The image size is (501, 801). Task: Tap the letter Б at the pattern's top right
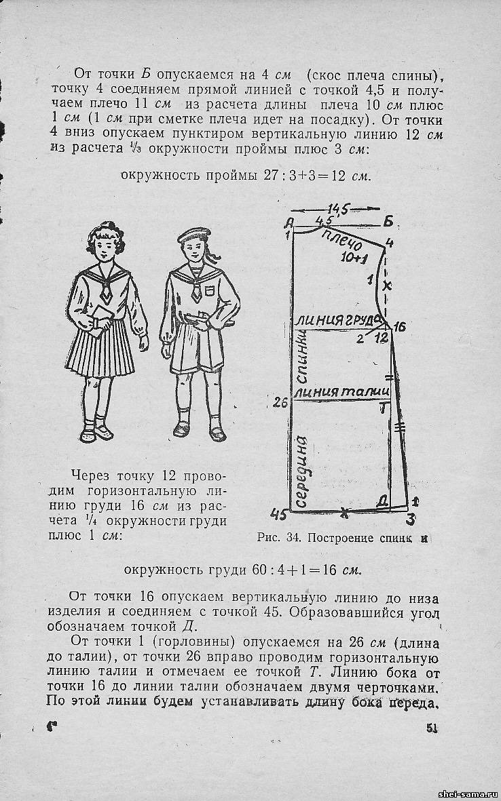coord(388,220)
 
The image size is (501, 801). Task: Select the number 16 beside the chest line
coord(399,327)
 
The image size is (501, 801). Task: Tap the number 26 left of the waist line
coord(280,403)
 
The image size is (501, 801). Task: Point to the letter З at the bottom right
coord(411,520)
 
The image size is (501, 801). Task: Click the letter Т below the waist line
coord(384,406)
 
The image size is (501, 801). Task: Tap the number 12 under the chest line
coord(381,337)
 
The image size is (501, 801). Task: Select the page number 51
coord(432,728)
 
